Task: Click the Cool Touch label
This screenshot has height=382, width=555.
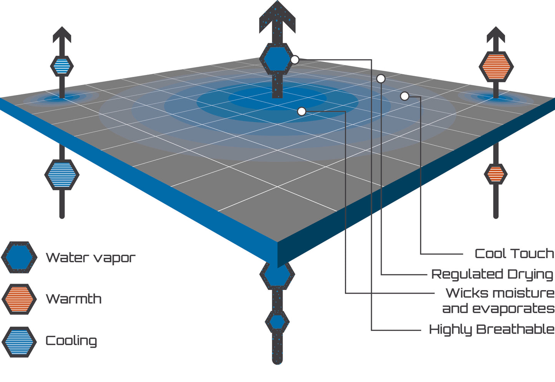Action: pyautogui.click(x=514, y=254)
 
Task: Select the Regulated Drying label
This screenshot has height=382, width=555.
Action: pyautogui.click(x=492, y=274)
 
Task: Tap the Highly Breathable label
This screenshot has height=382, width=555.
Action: pyautogui.click(x=492, y=330)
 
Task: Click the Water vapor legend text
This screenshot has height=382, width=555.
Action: pyautogui.click(x=91, y=258)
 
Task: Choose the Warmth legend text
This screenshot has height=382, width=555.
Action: pyautogui.click(x=74, y=299)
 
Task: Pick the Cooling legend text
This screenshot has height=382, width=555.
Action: pyautogui.click(x=71, y=341)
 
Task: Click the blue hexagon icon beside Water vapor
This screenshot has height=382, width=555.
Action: pyautogui.click(x=19, y=257)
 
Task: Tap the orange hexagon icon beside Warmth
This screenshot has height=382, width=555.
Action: pyautogui.click(x=19, y=299)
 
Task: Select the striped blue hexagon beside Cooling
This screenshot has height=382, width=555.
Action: pyautogui.click(x=19, y=341)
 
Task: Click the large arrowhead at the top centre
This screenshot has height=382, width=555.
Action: pyautogui.click(x=277, y=15)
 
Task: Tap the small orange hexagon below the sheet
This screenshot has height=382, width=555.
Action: pyautogui.click(x=495, y=174)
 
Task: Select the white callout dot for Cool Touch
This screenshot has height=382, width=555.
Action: pyautogui.click(x=404, y=96)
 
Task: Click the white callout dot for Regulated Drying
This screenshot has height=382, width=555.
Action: pyautogui.click(x=381, y=79)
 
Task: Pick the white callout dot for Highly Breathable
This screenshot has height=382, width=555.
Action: pyautogui.click(x=295, y=60)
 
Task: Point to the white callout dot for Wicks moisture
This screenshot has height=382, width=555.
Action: pyautogui.click(x=302, y=111)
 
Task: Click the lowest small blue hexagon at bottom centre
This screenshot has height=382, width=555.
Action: pyautogui.click(x=277, y=322)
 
